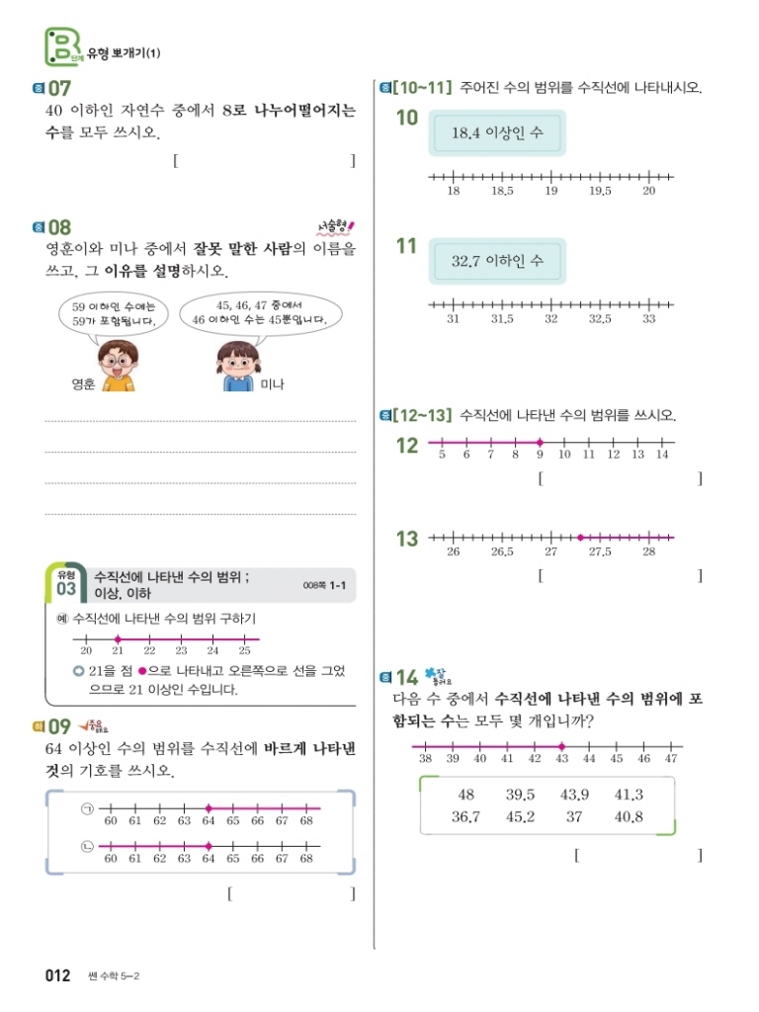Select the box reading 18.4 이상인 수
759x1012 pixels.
click(497, 132)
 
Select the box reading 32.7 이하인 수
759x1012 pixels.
click(497, 262)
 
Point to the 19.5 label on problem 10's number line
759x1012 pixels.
click(600, 192)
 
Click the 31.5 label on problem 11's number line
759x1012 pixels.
click(502, 319)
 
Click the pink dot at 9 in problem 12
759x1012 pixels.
click(540, 442)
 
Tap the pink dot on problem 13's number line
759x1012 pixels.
click(580, 538)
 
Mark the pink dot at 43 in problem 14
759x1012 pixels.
click(561, 746)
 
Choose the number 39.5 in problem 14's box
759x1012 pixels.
click(520, 795)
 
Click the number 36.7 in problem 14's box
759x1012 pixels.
click(465, 817)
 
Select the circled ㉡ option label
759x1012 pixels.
click(86, 846)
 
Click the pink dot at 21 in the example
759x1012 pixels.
click(118, 639)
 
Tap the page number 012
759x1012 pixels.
click(58, 976)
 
